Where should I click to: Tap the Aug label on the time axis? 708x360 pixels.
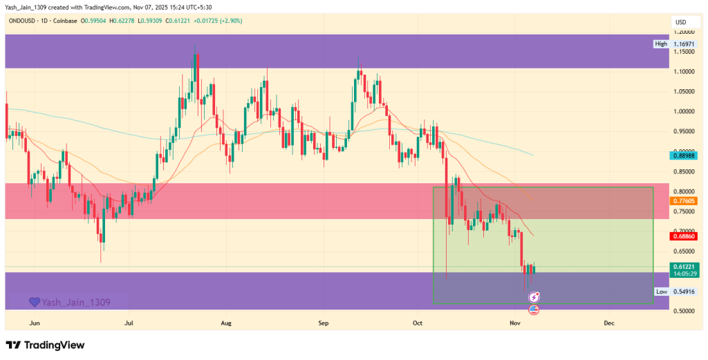225,323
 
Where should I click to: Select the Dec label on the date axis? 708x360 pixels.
609,323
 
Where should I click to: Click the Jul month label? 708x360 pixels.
129,323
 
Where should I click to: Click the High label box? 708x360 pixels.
662,44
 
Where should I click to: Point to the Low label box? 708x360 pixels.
662,292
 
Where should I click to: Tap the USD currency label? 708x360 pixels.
681,23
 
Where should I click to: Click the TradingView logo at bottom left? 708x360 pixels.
46,345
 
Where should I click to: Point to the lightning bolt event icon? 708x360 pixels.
534,297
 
